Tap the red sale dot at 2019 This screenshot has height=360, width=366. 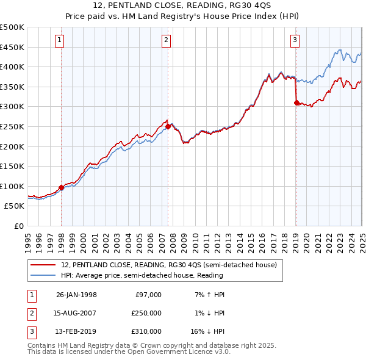pos(296,103)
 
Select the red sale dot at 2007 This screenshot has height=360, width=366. pos(168,127)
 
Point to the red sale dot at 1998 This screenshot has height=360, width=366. pos(62,187)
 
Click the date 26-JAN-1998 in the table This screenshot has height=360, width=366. pos(76,295)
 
